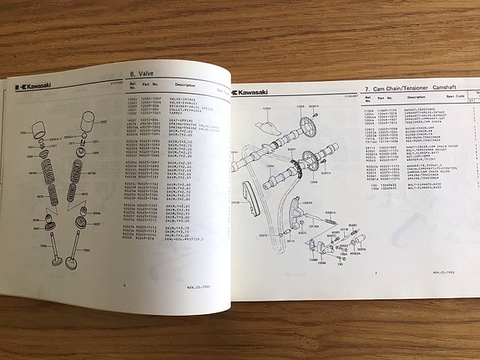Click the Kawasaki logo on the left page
coord(32,87)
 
